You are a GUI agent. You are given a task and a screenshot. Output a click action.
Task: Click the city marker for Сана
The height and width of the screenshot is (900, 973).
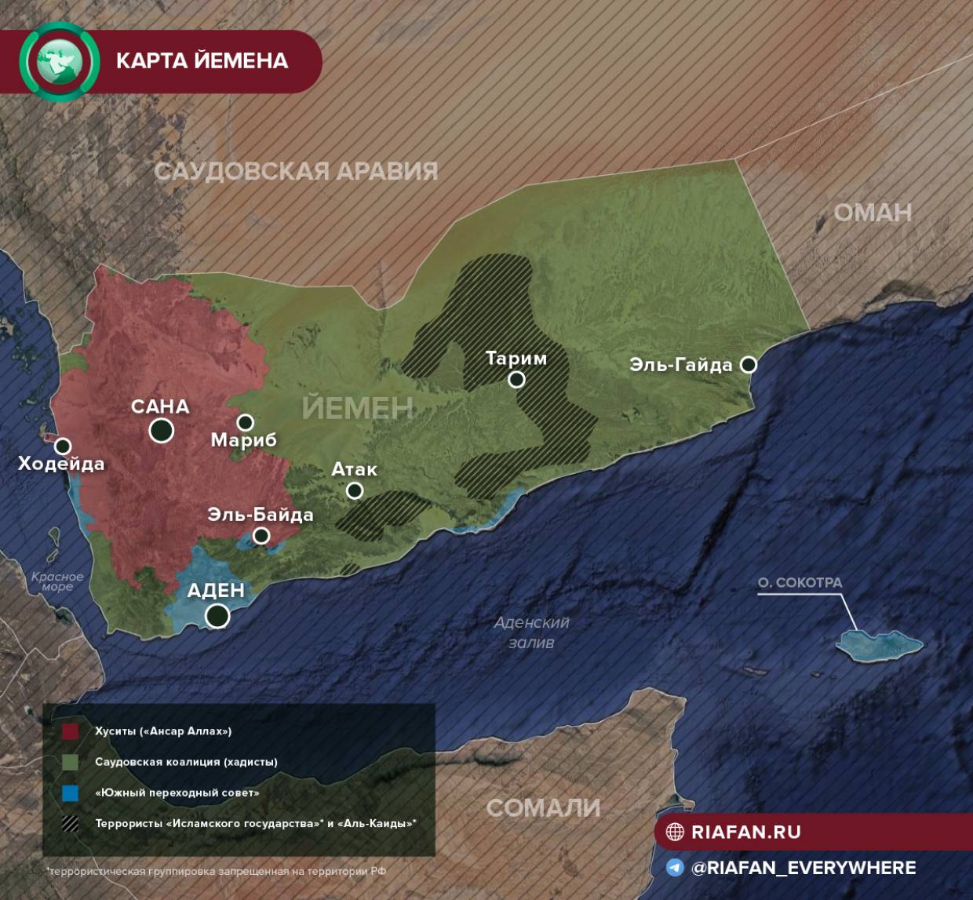162,430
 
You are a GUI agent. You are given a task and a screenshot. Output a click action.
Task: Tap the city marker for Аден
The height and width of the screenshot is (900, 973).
217,616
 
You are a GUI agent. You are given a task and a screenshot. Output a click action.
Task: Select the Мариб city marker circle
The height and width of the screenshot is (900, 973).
246,422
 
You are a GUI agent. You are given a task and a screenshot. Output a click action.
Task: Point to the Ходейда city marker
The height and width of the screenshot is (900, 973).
63,446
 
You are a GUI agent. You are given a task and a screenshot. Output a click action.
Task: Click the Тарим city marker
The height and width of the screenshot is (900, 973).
516,380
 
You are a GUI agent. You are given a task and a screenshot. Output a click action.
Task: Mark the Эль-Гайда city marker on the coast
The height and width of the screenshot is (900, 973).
749,364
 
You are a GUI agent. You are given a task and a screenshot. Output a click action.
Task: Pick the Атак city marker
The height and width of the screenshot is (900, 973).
355,490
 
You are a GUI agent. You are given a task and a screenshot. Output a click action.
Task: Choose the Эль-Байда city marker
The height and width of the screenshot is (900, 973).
261,536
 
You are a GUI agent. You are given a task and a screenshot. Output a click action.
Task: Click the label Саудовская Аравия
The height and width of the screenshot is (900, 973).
296,171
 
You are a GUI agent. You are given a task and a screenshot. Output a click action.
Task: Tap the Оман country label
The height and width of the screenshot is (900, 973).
873,213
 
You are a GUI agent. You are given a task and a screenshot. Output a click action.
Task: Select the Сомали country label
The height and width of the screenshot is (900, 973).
543,808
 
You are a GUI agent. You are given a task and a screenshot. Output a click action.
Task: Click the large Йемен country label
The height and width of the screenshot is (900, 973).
358,408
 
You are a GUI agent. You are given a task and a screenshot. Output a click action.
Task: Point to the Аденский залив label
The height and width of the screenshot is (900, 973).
531,632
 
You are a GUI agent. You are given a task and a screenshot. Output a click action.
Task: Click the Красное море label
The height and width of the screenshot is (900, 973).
57,581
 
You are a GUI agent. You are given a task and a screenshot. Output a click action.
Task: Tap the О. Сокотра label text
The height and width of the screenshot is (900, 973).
800,582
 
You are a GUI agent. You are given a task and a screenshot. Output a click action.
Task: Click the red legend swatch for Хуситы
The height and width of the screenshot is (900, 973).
71,731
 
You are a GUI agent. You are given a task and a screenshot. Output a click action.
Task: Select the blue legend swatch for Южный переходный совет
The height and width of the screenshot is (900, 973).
71,793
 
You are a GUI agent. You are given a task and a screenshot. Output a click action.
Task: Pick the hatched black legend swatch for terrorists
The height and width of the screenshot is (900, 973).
71,824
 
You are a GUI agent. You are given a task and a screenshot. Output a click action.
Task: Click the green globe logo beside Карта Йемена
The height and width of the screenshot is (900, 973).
60,61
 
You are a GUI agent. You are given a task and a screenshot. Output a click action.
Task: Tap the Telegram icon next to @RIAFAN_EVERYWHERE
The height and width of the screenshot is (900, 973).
675,868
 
